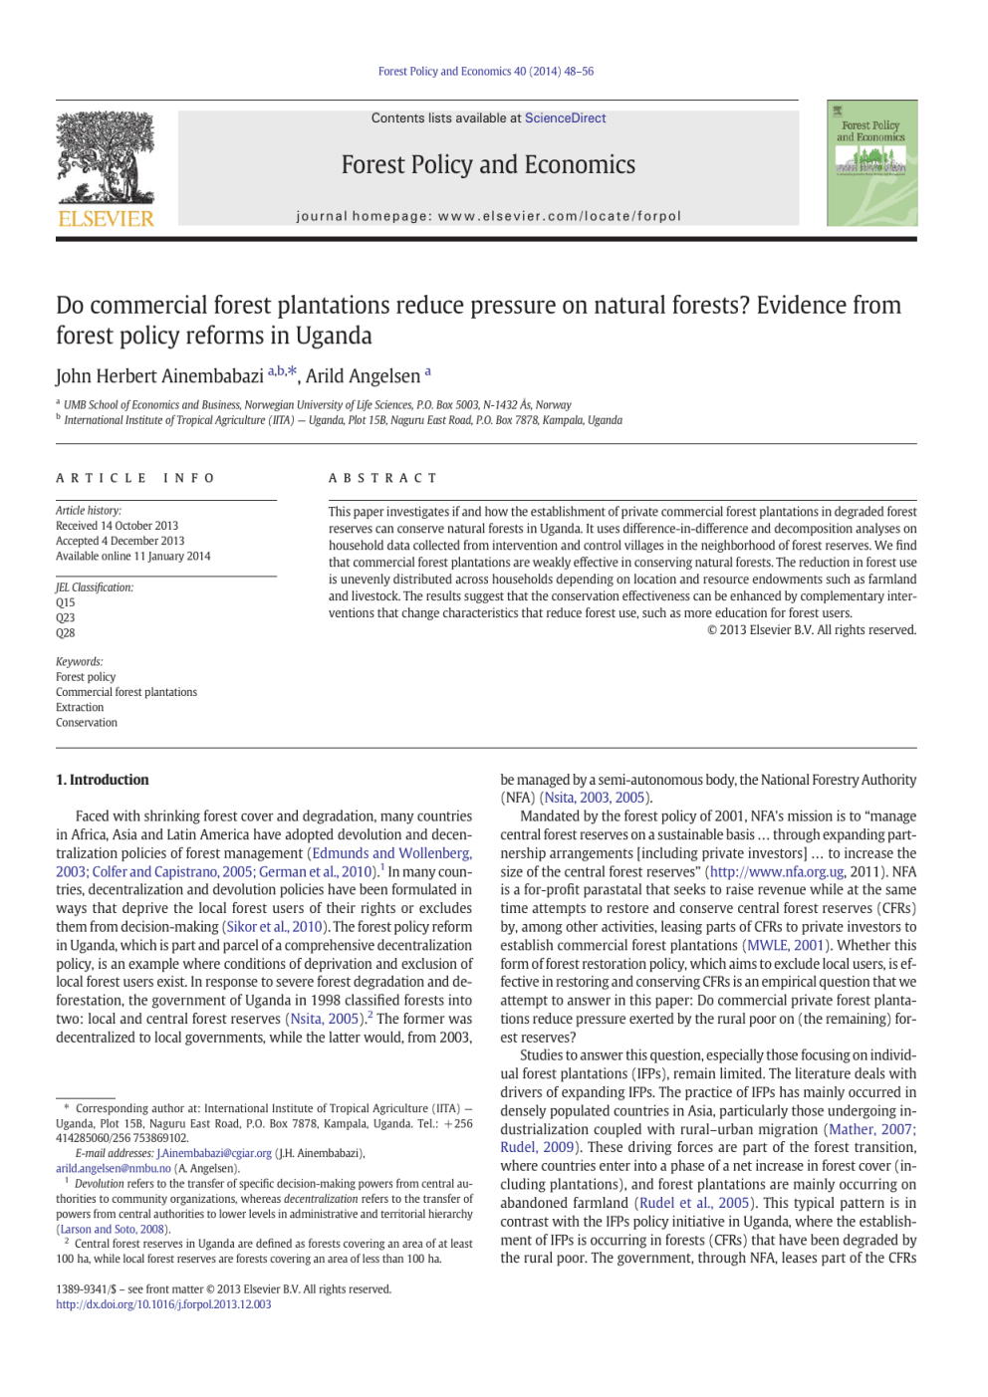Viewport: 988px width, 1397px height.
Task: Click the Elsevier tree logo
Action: click(106, 156)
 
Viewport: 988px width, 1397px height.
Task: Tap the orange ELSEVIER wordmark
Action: click(106, 219)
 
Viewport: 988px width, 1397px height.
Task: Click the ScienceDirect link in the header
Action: click(565, 118)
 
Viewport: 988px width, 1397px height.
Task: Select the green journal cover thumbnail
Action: click(871, 162)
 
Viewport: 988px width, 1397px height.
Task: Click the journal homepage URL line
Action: click(488, 216)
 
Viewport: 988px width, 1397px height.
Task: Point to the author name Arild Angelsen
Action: click(363, 376)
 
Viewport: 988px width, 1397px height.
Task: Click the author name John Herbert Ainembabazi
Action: click(159, 376)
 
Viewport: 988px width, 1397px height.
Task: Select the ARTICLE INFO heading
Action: click(135, 479)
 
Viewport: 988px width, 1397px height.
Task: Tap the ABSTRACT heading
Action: click(382, 479)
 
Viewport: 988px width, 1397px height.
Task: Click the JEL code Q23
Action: click(66, 618)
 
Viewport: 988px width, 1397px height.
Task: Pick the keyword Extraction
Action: click(80, 708)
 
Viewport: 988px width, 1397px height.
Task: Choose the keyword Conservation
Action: click(87, 723)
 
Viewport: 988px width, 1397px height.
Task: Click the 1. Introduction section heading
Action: click(103, 781)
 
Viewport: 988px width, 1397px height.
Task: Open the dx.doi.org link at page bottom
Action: click(163, 1304)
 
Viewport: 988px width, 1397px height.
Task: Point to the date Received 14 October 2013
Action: click(118, 526)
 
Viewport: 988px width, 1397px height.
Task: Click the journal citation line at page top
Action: click(486, 72)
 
